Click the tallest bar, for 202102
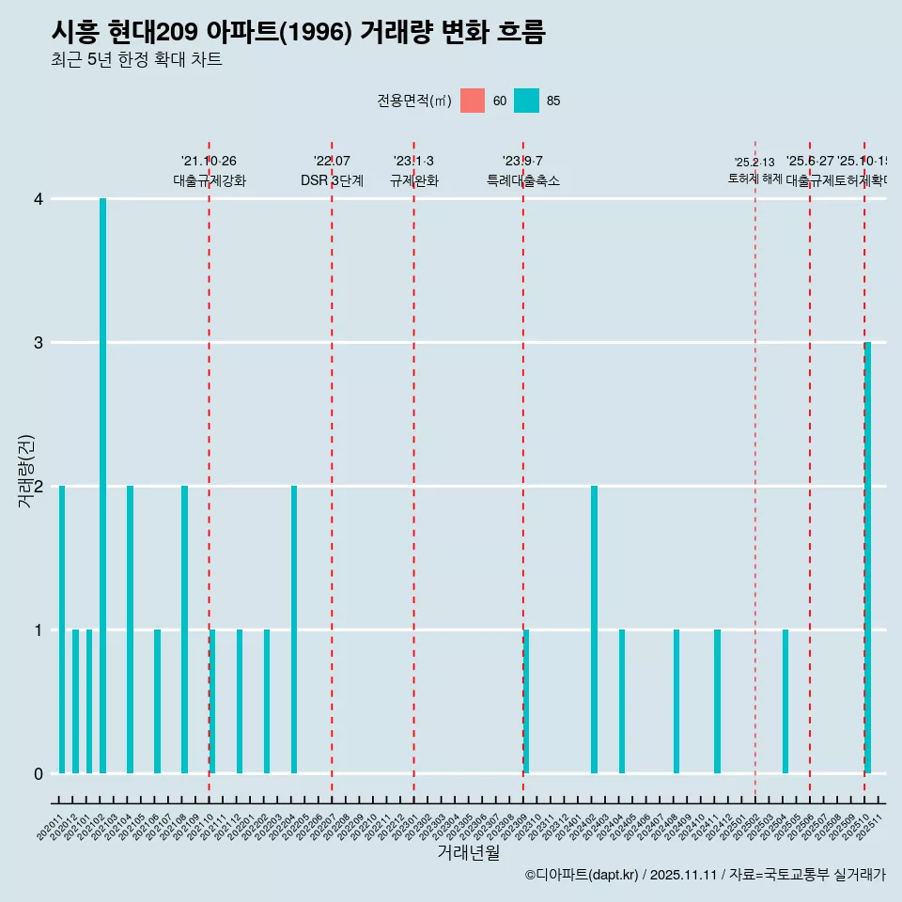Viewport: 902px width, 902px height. pyautogui.click(x=102, y=486)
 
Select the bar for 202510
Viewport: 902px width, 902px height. pyautogui.click(x=867, y=558)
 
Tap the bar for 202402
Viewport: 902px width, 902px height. pyautogui.click(x=594, y=630)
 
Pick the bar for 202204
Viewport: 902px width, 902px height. pyautogui.click(x=294, y=630)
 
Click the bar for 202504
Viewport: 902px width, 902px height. pyautogui.click(x=785, y=702)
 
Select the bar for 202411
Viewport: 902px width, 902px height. pyautogui.click(x=717, y=702)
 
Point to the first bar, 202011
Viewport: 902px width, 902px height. pyautogui.click(x=62, y=630)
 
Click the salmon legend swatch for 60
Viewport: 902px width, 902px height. pyautogui.click(x=473, y=101)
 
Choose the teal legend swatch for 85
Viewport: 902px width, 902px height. pyautogui.click(x=526, y=101)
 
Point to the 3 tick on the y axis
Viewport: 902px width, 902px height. pyautogui.click(x=38, y=343)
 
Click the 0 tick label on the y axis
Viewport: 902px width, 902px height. pyautogui.click(x=38, y=773)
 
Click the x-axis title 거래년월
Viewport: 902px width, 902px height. pyautogui.click(x=468, y=852)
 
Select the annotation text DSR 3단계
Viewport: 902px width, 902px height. pyautogui.click(x=332, y=180)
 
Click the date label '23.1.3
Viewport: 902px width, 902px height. pyautogui.click(x=413, y=162)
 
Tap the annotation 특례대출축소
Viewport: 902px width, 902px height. pyautogui.click(x=522, y=180)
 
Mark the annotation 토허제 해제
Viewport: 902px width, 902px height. pyautogui.click(x=754, y=179)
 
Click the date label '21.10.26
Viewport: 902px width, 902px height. pyautogui.click(x=209, y=162)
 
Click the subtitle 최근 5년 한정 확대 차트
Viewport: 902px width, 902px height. pyautogui.click(x=136, y=60)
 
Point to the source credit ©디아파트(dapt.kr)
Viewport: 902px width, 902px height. pyautogui.click(x=582, y=875)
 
